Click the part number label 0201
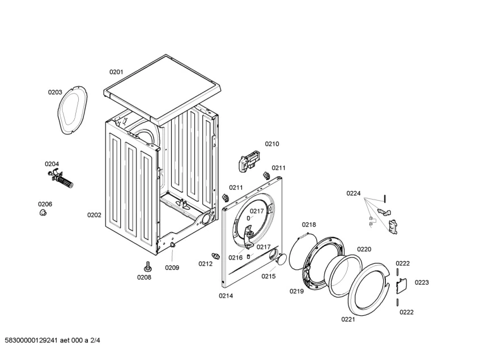tap(116, 72)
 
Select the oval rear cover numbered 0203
tap(72, 111)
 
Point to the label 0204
tap(52, 164)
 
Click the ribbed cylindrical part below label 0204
tap(65, 183)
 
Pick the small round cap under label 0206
tap(43, 213)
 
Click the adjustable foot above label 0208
tap(148, 266)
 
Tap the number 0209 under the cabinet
tap(172, 268)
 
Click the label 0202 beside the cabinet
tap(94, 215)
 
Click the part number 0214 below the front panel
tap(226, 295)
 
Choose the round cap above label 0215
tap(278, 260)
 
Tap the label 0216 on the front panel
tap(236, 257)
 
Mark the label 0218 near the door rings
tap(309, 225)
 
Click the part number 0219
tap(297, 291)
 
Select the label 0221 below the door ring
tap(348, 319)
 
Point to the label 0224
tap(354, 193)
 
